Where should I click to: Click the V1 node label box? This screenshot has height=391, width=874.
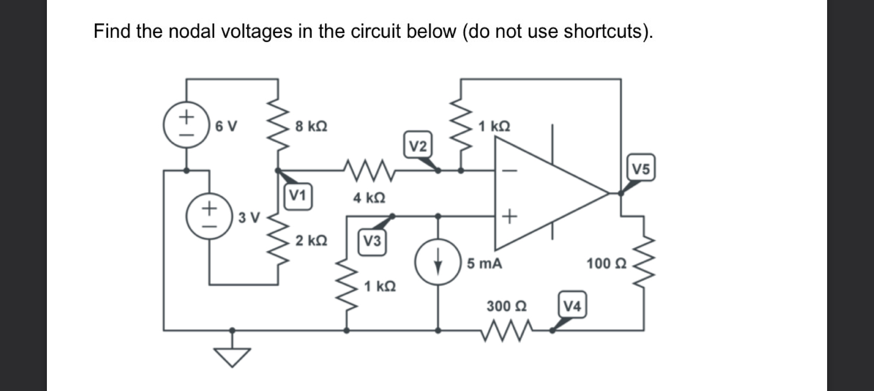(298, 196)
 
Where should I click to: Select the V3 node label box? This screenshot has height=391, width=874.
(372, 241)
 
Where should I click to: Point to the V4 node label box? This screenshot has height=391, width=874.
(573, 306)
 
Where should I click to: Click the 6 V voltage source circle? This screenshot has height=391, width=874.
(186, 125)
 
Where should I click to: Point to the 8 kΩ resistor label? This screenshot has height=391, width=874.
(311, 127)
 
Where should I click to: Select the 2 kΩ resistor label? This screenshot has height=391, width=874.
(311, 241)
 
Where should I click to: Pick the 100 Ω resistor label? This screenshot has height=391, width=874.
(606, 263)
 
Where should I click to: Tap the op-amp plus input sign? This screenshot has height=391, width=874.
(509, 216)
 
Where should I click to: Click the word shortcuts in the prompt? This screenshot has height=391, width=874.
(606, 31)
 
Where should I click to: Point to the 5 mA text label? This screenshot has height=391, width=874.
(484, 264)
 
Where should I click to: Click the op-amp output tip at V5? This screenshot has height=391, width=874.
(609, 193)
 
